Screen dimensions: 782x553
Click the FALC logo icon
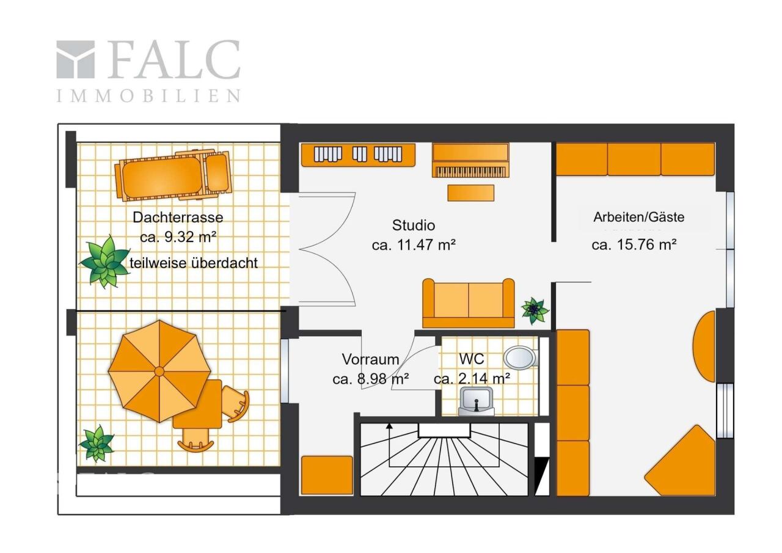(x=75, y=59)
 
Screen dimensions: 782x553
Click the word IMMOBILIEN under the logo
(x=148, y=96)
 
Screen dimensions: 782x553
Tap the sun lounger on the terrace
(x=173, y=176)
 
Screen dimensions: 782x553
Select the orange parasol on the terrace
(x=159, y=371)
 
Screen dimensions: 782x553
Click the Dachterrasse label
(x=178, y=218)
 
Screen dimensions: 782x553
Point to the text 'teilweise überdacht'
(x=194, y=263)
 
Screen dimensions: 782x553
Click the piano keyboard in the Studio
(x=470, y=172)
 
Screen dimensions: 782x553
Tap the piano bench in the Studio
(x=471, y=192)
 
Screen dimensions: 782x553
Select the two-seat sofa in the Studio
(x=469, y=303)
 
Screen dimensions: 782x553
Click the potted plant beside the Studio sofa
(x=534, y=310)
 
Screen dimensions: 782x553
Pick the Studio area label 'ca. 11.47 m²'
(x=414, y=245)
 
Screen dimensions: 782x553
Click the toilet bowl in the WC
(x=520, y=357)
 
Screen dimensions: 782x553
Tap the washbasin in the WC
(x=476, y=401)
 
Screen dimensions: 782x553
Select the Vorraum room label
(x=370, y=359)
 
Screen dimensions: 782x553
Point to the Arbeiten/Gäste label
(x=639, y=217)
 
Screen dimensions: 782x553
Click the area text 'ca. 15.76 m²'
(x=634, y=244)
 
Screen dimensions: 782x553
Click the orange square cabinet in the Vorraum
(x=327, y=475)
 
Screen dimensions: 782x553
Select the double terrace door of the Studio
(x=327, y=249)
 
